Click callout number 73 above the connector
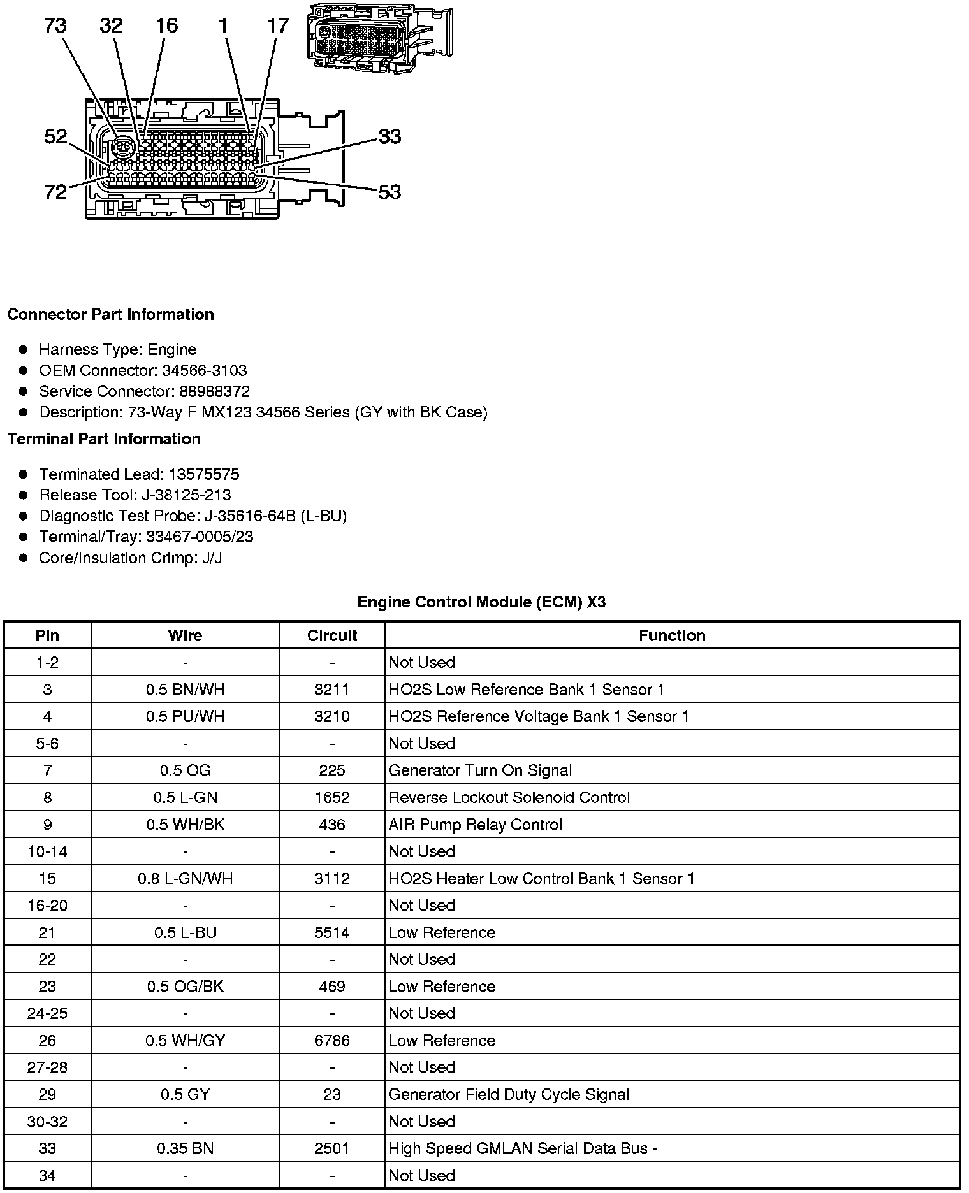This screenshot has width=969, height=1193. [55, 26]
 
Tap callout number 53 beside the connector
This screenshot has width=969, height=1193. [390, 192]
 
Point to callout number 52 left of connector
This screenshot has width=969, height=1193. [55, 136]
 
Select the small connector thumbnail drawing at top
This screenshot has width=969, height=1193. [379, 38]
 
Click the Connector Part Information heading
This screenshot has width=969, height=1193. [111, 315]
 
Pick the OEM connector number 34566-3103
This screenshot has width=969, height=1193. [204, 371]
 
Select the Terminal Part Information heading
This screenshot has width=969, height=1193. [104, 439]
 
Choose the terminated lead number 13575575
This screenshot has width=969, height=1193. [204, 474]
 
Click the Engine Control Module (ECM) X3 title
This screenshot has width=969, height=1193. [481, 602]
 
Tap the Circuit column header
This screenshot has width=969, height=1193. [332, 636]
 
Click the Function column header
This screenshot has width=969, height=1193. [672, 636]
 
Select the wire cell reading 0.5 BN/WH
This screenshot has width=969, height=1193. [185, 690]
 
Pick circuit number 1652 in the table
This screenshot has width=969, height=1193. [332, 798]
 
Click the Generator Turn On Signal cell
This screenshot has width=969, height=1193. [480, 770]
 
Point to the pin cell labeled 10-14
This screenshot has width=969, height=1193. [47, 852]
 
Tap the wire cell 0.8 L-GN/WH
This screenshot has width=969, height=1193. [185, 879]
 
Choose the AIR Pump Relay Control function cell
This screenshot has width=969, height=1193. [475, 825]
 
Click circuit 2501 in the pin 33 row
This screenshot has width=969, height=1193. [332, 1149]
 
